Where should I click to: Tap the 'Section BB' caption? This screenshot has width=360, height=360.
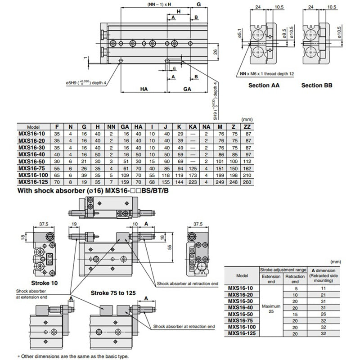317,85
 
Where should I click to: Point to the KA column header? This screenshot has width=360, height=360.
193,127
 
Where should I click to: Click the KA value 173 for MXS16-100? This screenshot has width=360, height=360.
193,175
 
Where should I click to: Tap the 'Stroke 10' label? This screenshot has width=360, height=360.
45,284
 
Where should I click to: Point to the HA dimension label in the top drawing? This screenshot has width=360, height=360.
144,89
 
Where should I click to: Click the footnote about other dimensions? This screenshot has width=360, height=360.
73,355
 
